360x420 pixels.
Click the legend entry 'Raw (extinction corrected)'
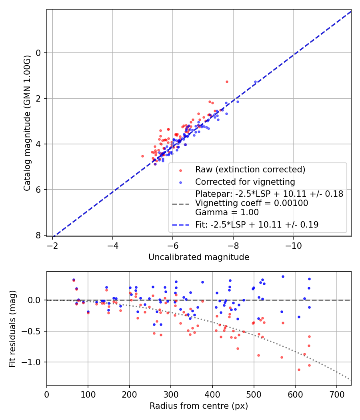click(x=250, y=170)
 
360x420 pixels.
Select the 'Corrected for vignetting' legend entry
click(x=245, y=182)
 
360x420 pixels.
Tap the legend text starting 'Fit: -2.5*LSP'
click(x=257, y=225)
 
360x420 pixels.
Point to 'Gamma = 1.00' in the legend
click(x=227, y=212)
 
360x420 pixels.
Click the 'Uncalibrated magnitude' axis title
click(x=199, y=257)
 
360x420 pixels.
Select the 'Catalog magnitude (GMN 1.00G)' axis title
click(x=27, y=123)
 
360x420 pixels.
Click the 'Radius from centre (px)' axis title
click(x=199, y=406)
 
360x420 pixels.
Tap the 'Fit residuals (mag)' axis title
click(x=12, y=328)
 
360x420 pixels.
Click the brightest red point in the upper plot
click(x=227, y=82)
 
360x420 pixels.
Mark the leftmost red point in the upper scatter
click(x=142, y=156)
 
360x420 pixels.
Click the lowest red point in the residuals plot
click(x=299, y=370)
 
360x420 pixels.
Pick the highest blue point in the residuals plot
click(x=283, y=276)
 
